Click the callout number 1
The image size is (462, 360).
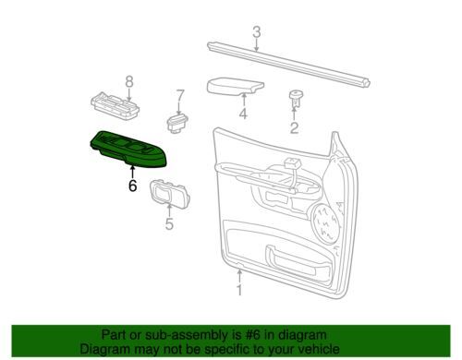coord(239,290)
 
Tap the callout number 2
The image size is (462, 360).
coord(294,127)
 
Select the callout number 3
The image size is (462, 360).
coord(257,32)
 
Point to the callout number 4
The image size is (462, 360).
coord(243,114)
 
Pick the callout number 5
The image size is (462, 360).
coord(169,223)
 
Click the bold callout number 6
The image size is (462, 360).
coord(132,186)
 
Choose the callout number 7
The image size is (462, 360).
coord(180,96)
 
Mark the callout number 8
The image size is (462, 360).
coord(129,82)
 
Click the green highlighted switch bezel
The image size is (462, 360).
coord(128,149)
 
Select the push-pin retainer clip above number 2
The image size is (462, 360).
coord(296,98)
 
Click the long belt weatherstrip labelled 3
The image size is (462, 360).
coord(288,65)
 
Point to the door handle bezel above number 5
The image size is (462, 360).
coord(170,193)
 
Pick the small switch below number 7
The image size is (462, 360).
coord(177,123)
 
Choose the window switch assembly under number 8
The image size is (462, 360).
coord(115,105)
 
